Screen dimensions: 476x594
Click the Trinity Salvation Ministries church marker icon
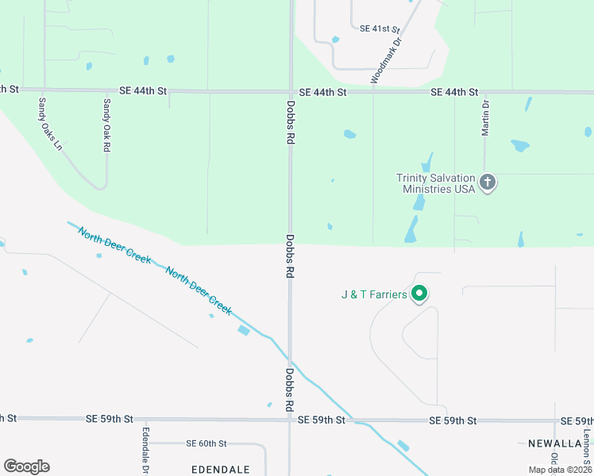[488, 183]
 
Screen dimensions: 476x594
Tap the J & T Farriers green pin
[420, 294]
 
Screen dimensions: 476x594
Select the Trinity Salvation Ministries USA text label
[436, 183]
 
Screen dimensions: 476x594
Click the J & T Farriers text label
[374, 295]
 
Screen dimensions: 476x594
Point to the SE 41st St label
[380, 29]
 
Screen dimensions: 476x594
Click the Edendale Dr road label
[145, 447]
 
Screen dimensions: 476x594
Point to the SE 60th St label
[206, 443]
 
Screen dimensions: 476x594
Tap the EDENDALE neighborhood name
[221, 470]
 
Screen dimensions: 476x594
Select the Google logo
[26, 466]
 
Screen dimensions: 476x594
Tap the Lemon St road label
[587, 448]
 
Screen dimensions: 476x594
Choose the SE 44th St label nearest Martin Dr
[454, 93]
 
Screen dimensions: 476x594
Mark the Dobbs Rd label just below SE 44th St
[291, 121]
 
